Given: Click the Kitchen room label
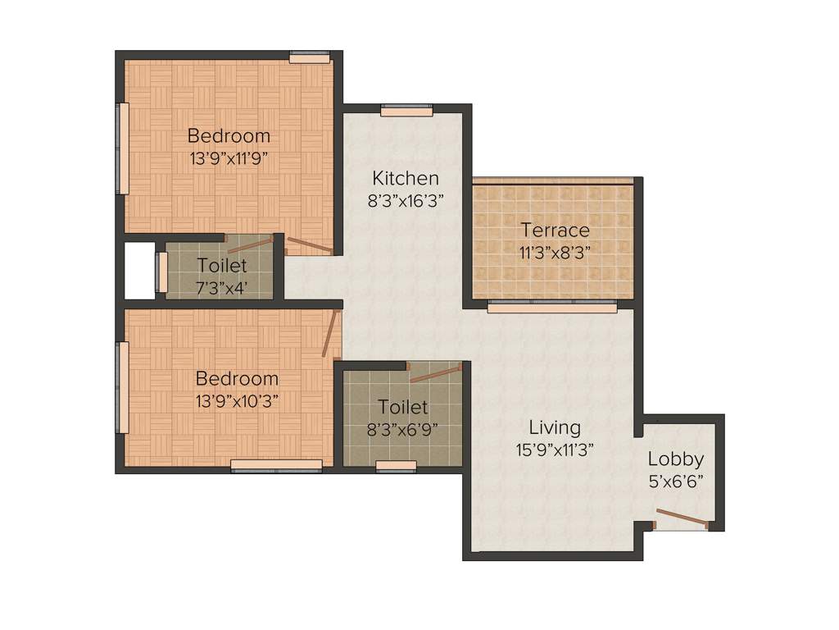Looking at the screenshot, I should click(x=406, y=178).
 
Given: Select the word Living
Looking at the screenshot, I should click(x=555, y=427).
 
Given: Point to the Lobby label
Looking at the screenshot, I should click(x=675, y=459).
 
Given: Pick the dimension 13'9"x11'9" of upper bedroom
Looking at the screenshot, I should click(x=229, y=158).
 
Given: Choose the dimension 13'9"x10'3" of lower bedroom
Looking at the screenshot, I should click(x=237, y=402).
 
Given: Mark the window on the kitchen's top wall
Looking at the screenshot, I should click(x=406, y=110).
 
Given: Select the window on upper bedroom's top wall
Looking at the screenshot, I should click(x=310, y=57).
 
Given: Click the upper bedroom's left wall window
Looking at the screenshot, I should click(x=122, y=148).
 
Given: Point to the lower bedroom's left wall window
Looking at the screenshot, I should click(x=122, y=387).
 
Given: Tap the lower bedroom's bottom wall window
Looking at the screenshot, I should click(x=276, y=465).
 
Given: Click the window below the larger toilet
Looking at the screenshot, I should click(x=396, y=466).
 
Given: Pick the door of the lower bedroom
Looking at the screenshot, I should click(x=331, y=332).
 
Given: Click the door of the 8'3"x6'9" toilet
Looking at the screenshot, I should click(x=436, y=374).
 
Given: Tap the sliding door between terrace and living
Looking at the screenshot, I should click(x=552, y=307).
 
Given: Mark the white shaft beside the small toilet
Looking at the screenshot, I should click(x=139, y=271).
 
